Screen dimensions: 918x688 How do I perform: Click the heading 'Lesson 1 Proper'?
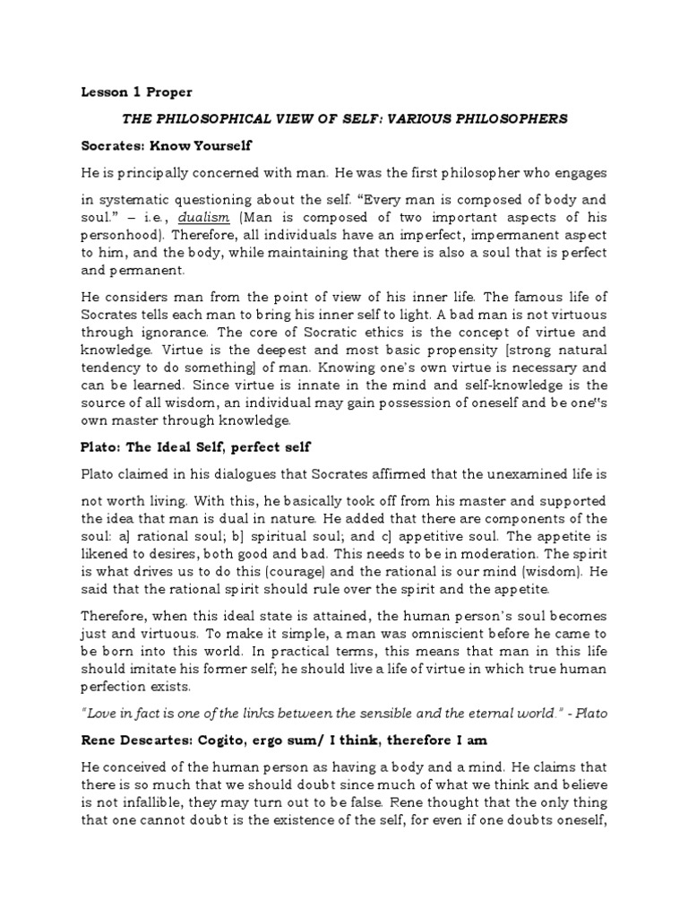coord(136,92)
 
